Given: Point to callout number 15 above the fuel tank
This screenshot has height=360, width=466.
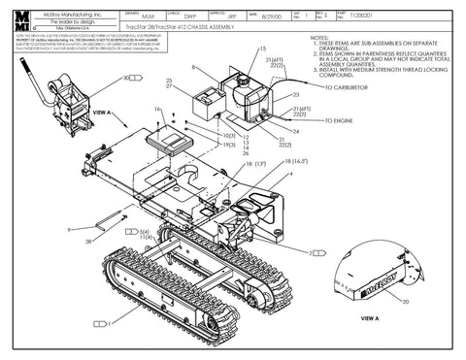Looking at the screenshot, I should (262, 49).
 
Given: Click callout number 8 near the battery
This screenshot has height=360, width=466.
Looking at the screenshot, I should (194, 67).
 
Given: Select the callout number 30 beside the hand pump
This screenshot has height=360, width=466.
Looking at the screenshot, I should (127, 77).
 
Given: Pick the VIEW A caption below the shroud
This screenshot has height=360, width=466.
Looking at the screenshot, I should (370, 317).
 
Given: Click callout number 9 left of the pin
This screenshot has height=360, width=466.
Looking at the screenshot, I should (69, 229).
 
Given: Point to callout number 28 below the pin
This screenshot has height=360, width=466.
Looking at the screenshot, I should (88, 242).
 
